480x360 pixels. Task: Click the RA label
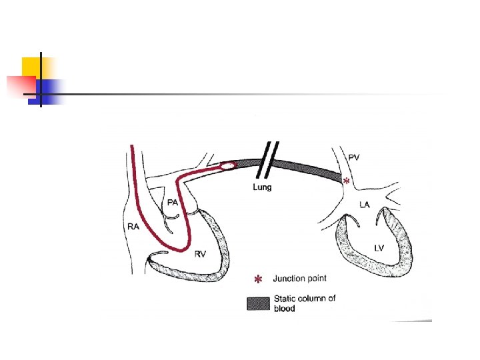[x=133, y=227]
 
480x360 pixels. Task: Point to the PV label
[x=354, y=157]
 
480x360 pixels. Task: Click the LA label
[x=364, y=205]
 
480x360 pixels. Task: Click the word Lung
[x=262, y=187]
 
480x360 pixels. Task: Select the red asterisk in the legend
[x=258, y=278]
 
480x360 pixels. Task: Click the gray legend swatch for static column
[x=258, y=303]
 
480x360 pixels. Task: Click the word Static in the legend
[x=285, y=299]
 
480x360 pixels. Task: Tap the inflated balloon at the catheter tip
[x=227, y=165]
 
